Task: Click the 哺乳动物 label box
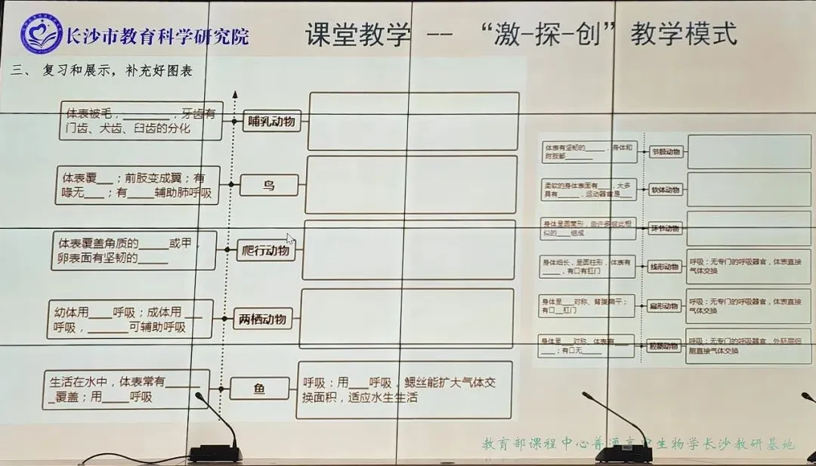pos(273,121)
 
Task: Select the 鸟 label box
pos(269,185)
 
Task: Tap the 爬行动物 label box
pos(265,251)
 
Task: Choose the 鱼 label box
pos(259,389)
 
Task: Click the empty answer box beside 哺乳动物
pos(414,121)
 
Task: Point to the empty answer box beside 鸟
pos(411,185)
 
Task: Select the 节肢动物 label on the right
pos(666,152)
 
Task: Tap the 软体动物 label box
pos(666,190)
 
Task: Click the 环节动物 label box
pos(665,228)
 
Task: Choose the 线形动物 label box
pos(665,267)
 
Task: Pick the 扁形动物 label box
pos(665,306)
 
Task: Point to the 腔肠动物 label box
pos(664,347)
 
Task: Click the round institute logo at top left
pos(42,35)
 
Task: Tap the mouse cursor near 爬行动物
pos(290,239)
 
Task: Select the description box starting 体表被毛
pos(141,121)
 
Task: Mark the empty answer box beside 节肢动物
pos(748,151)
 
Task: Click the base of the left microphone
pos(215,453)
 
